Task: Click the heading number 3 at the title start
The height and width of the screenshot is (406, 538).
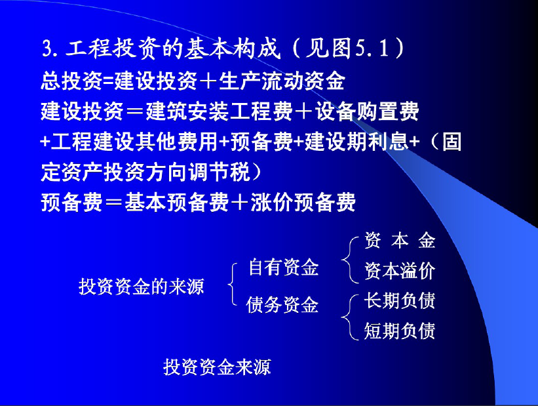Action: point(47,48)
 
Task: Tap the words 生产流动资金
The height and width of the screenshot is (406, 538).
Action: point(282,82)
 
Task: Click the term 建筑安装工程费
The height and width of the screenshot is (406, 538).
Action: point(219,112)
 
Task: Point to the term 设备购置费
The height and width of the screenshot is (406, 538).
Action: point(367,112)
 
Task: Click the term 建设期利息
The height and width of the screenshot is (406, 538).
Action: point(356,142)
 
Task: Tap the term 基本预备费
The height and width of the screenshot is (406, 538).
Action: point(177,202)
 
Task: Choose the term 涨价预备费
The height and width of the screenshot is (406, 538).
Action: point(303,202)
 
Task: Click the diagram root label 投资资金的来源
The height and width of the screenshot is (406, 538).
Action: point(142,286)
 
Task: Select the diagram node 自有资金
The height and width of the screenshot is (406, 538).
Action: point(284,267)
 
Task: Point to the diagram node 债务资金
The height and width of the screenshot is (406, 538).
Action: point(282,305)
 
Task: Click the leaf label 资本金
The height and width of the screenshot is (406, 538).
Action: point(400,240)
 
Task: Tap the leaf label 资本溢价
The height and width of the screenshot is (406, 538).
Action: point(400,271)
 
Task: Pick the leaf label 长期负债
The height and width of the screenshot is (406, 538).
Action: point(400,300)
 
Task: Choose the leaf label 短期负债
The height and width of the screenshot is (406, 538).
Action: point(400,331)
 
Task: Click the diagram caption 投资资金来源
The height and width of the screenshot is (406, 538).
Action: point(217,367)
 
